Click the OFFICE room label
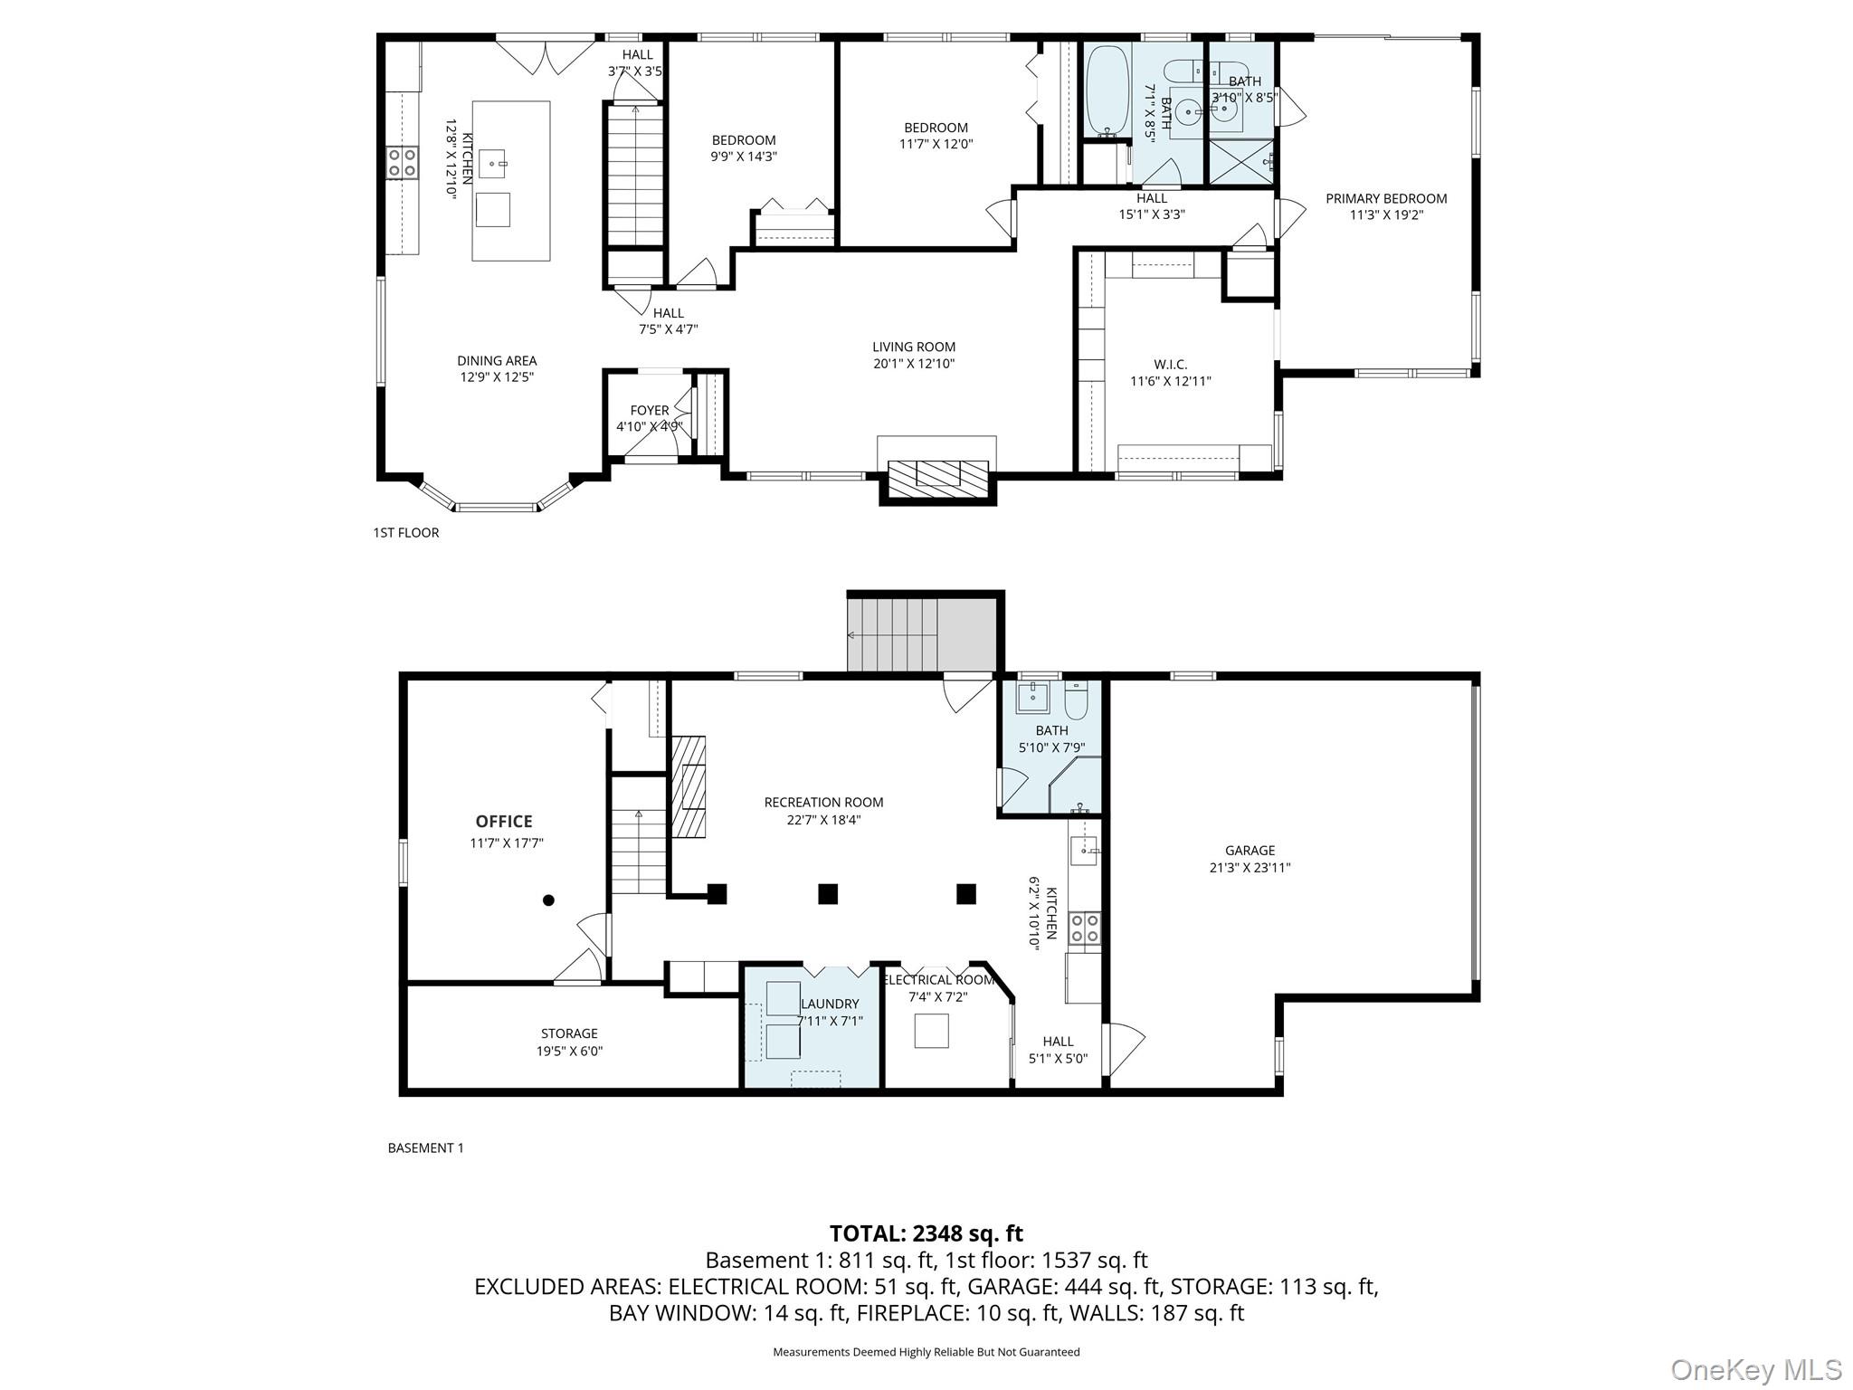tap(504, 821)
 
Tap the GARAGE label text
tap(1250, 850)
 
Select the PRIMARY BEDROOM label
tap(1386, 198)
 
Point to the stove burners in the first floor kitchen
tap(403, 163)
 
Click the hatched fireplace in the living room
tap(937, 475)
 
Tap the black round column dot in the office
tap(548, 900)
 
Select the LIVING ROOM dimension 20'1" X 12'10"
tap(914, 364)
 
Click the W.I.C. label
tap(1171, 364)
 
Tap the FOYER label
tap(650, 410)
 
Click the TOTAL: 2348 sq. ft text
tap(926, 1233)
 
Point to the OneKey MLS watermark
tap(1755, 1369)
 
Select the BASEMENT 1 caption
tap(425, 1147)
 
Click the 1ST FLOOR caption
tap(406, 532)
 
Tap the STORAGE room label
tap(569, 1033)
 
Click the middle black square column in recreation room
tap(827, 894)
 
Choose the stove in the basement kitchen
tap(1084, 928)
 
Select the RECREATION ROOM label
tap(823, 802)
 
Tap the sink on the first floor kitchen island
tap(492, 164)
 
